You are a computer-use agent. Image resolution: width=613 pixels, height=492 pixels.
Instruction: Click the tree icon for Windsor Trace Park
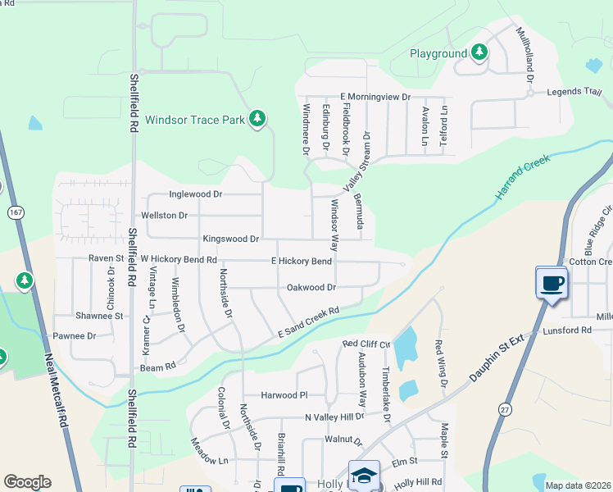pos(258,119)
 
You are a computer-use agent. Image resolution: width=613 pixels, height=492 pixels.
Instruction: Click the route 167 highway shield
pos(15,212)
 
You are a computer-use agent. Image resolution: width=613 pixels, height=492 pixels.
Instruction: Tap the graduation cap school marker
pos(365,476)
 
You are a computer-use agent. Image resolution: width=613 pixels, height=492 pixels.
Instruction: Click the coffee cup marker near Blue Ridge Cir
pos(552,283)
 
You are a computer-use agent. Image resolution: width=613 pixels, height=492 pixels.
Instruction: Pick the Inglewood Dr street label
pos(196,194)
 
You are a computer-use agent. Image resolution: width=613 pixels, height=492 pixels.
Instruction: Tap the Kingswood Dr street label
pos(231,239)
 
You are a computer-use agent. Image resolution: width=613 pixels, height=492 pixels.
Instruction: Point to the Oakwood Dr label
pos(311,288)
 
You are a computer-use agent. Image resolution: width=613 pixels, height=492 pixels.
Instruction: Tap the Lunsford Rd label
pos(567,330)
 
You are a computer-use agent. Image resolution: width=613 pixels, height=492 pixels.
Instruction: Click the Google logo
pos(27,482)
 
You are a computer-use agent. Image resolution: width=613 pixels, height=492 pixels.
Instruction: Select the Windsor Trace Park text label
pos(195,120)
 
